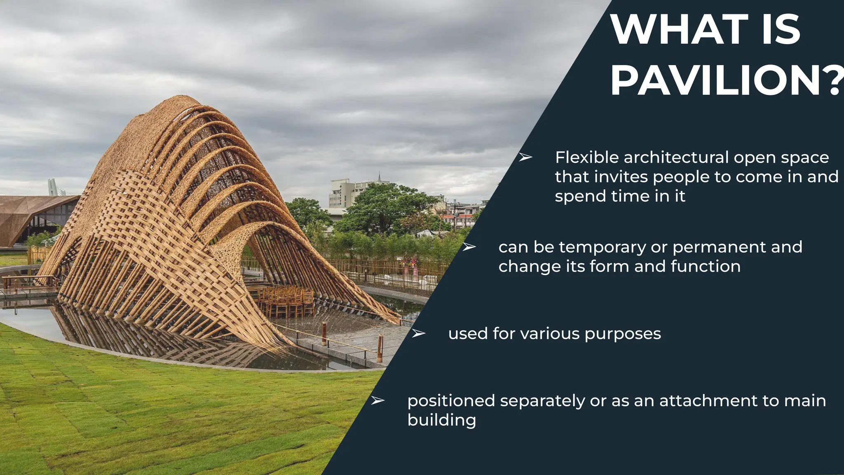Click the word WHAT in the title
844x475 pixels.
pos(680,30)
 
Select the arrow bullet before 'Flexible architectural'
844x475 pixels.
pos(525,157)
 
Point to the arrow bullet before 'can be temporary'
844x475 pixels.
pos(469,247)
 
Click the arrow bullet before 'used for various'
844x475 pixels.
pos(418,334)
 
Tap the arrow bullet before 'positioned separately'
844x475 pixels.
pos(377,400)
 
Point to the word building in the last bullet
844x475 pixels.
pos(441,420)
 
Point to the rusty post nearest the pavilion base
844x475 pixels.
pos(324,333)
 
